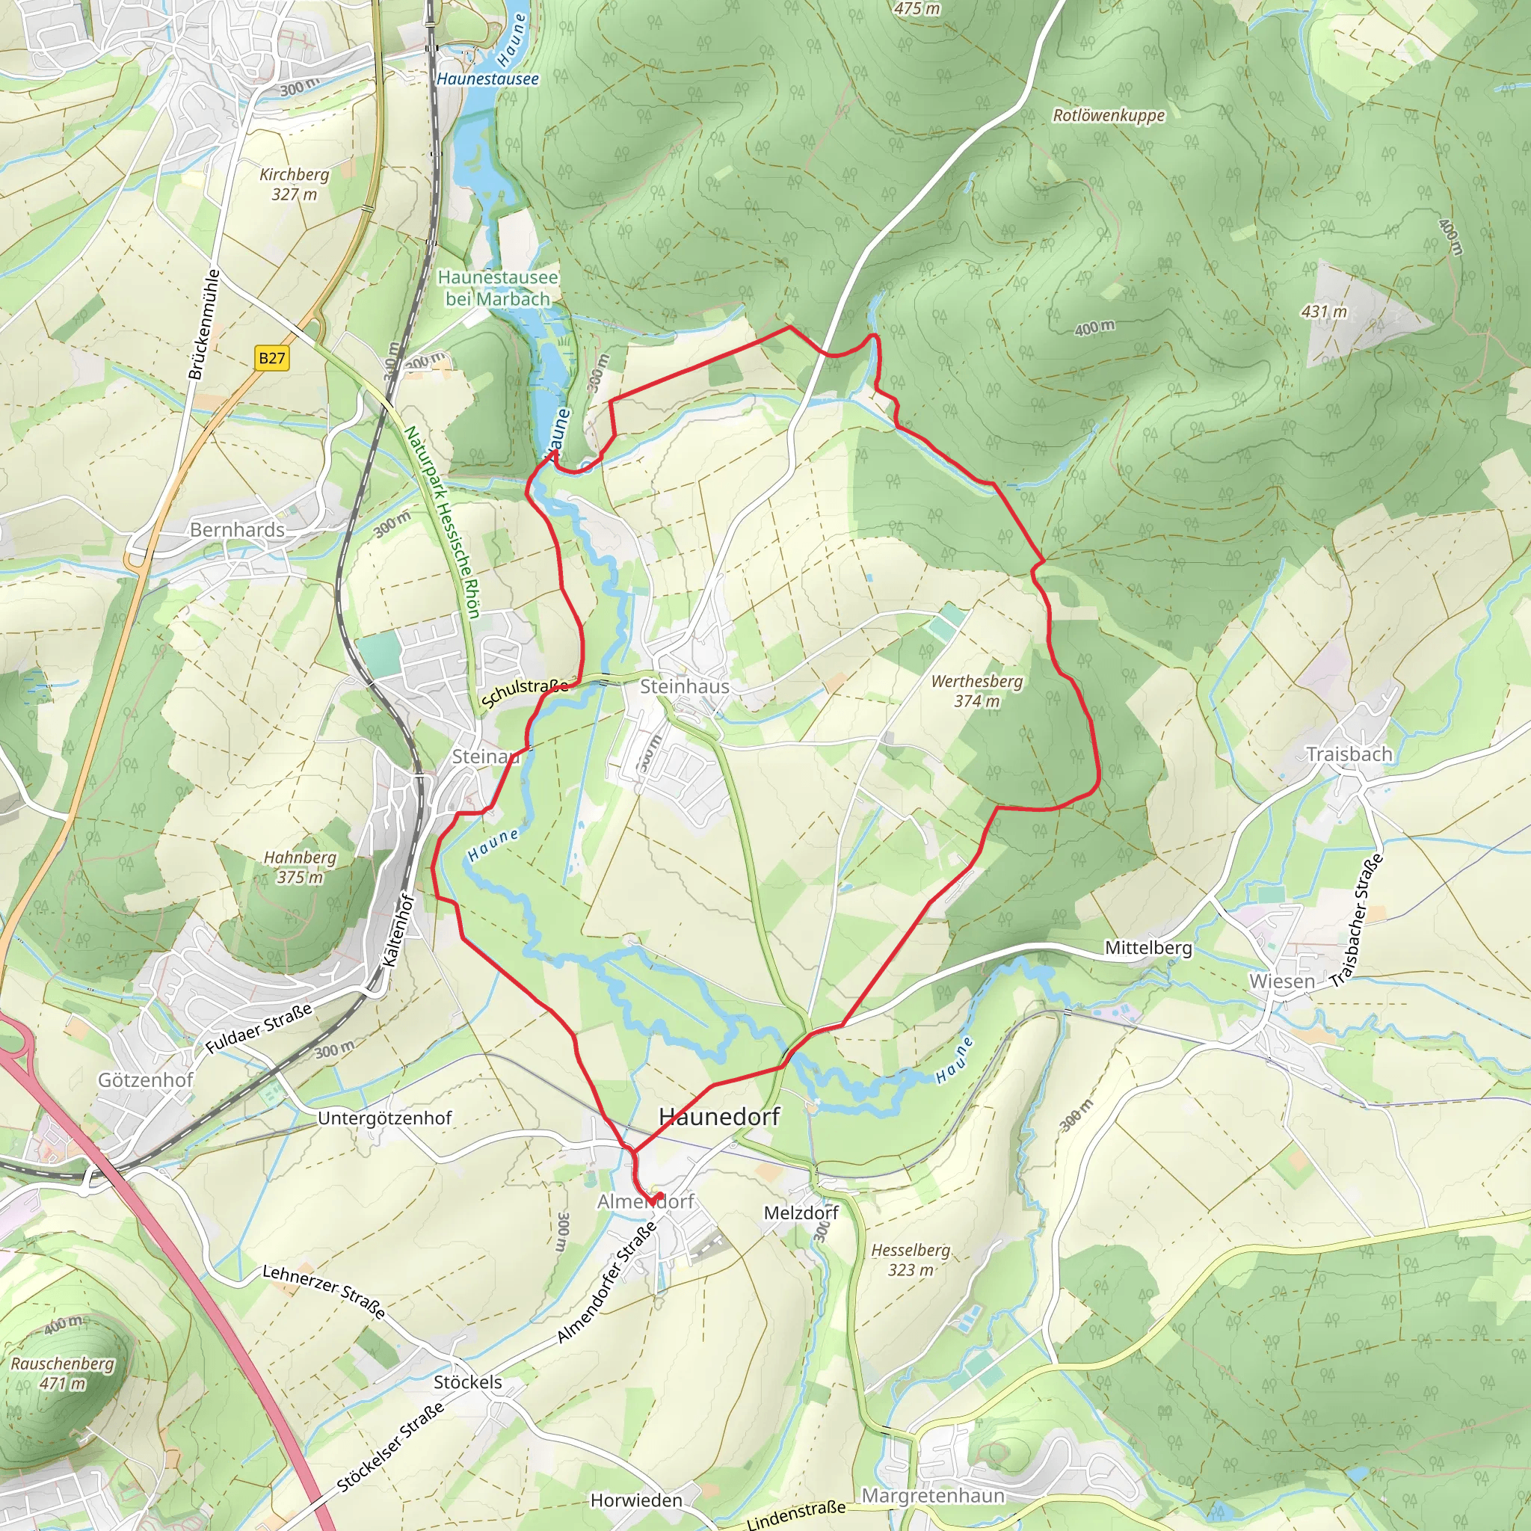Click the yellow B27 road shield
[x=272, y=358]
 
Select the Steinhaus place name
[x=684, y=686]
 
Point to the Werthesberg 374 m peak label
[x=976, y=691]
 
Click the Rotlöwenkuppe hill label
[x=1108, y=116]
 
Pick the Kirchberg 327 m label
[x=294, y=184]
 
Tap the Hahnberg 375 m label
[x=300, y=867]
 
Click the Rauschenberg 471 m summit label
[x=62, y=1373]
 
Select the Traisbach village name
[x=1349, y=754]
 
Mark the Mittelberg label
[x=1148, y=948]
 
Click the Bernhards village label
[x=237, y=530]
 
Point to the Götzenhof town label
[x=145, y=1080]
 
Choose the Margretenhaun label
[x=933, y=1495]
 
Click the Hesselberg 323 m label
[x=911, y=1259]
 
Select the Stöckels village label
[x=467, y=1382]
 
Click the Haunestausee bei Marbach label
[x=498, y=289]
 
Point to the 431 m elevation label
[x=1323, y=312]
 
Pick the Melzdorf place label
[x=801, y=1213]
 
